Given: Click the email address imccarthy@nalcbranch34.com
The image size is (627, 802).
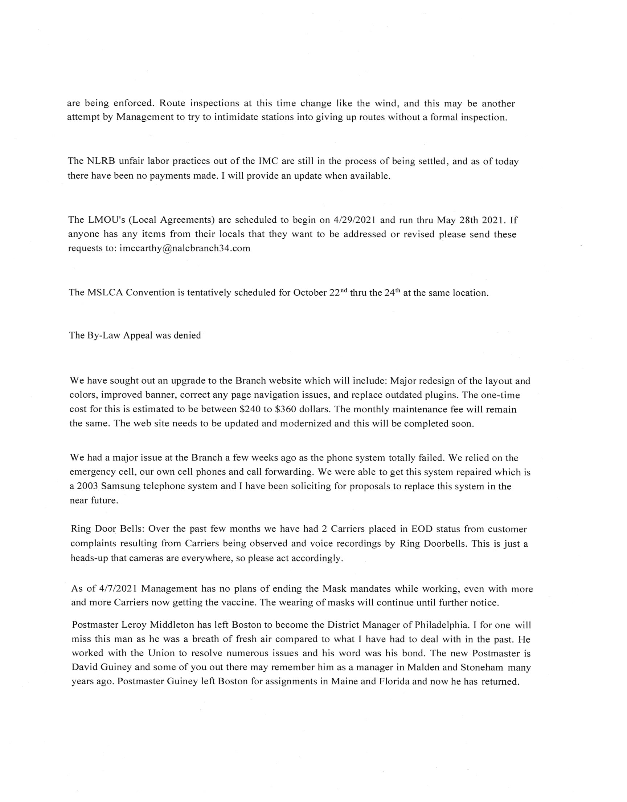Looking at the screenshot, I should [185, 248].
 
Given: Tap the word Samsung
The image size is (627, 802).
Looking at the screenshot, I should [120, 486].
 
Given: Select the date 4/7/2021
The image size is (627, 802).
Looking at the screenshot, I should [118, 589].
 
